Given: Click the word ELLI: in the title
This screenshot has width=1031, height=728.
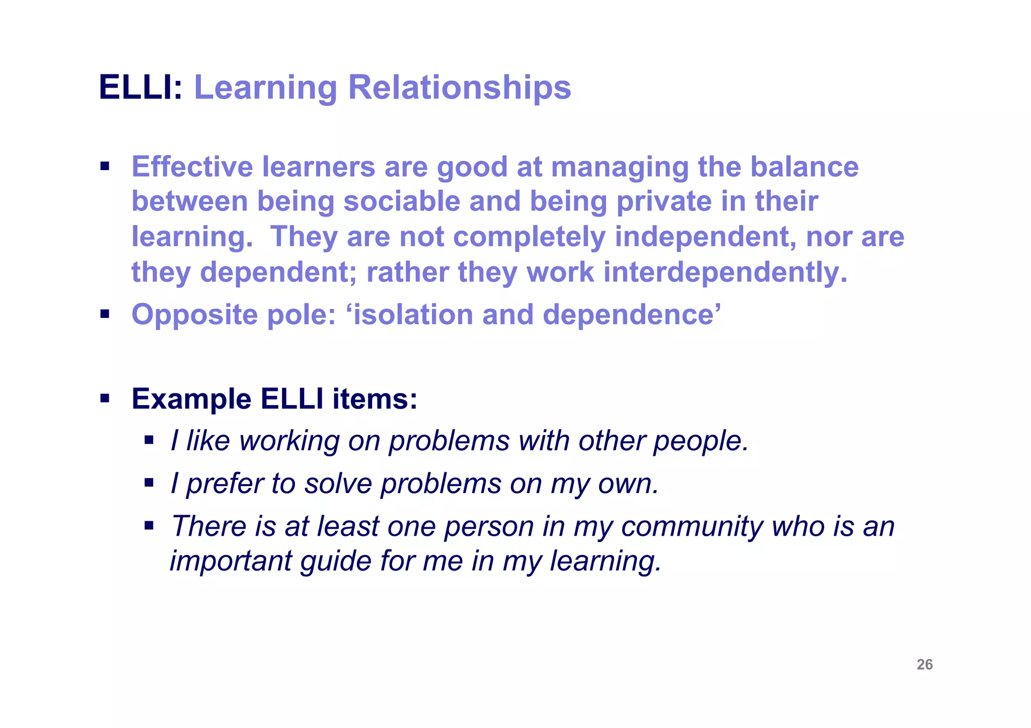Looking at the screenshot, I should point(140,88).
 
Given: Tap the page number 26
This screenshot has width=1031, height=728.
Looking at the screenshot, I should point(924,665).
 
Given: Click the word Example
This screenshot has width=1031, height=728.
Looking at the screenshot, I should point(191,399).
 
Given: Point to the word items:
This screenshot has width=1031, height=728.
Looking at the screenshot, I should point(375,399).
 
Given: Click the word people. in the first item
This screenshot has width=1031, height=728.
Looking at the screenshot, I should point(701,442).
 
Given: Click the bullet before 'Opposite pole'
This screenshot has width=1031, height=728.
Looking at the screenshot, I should point(105,314).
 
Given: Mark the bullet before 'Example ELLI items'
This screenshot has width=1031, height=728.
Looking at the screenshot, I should point(105,399).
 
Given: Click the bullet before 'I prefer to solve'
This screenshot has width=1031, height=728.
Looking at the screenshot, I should point(149,483).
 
